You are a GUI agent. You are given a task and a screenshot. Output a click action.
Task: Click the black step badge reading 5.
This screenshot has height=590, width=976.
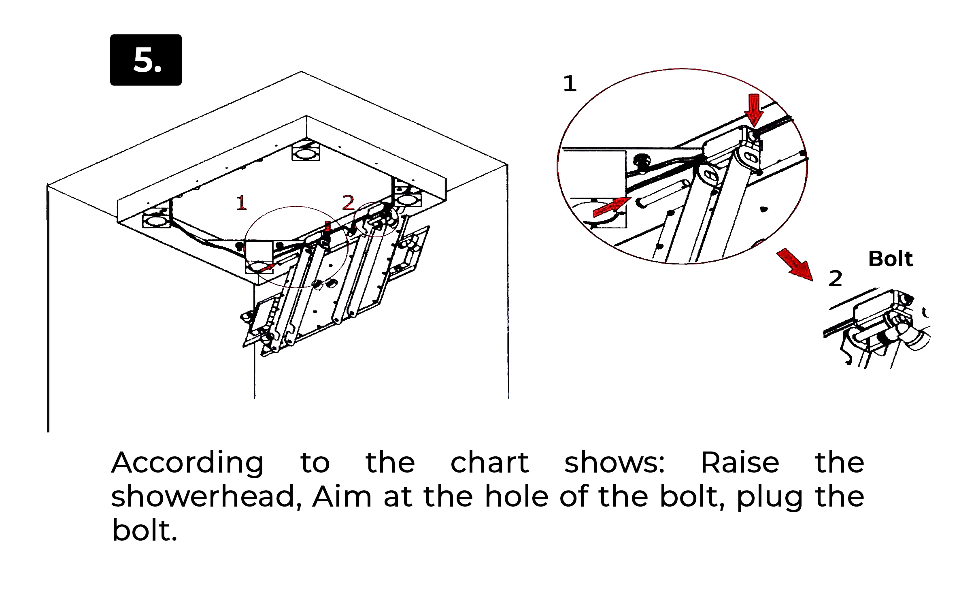click(146, 60)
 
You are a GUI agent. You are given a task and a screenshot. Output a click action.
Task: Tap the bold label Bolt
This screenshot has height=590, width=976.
click(890, 259)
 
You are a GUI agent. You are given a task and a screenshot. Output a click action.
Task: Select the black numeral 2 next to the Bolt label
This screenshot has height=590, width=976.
click(835, 279)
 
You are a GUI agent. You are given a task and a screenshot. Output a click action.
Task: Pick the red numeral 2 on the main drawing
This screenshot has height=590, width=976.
click(348, 202)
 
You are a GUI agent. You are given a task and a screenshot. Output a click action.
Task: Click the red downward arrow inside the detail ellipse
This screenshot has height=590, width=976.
click(754, 109)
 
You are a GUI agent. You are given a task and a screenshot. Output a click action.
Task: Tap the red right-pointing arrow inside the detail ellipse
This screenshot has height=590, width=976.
click(611, 207)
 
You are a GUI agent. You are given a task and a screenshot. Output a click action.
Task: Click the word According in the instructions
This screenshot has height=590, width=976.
click(187, 463)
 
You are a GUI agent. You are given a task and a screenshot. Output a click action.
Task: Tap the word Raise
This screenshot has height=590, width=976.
click(740, 462)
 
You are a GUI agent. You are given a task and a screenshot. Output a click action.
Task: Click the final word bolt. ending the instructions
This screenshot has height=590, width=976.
click(145, 530)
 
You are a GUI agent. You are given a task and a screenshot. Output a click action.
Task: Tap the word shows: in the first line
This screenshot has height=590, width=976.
click(614, 462)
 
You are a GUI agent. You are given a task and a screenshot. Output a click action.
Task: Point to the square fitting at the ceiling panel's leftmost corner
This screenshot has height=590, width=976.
click(156, 219)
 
